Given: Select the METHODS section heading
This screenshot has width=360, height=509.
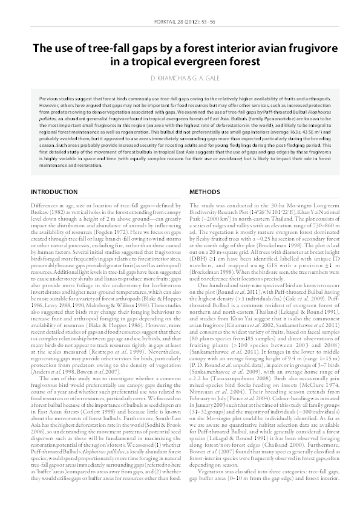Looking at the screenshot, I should pos(205,192).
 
